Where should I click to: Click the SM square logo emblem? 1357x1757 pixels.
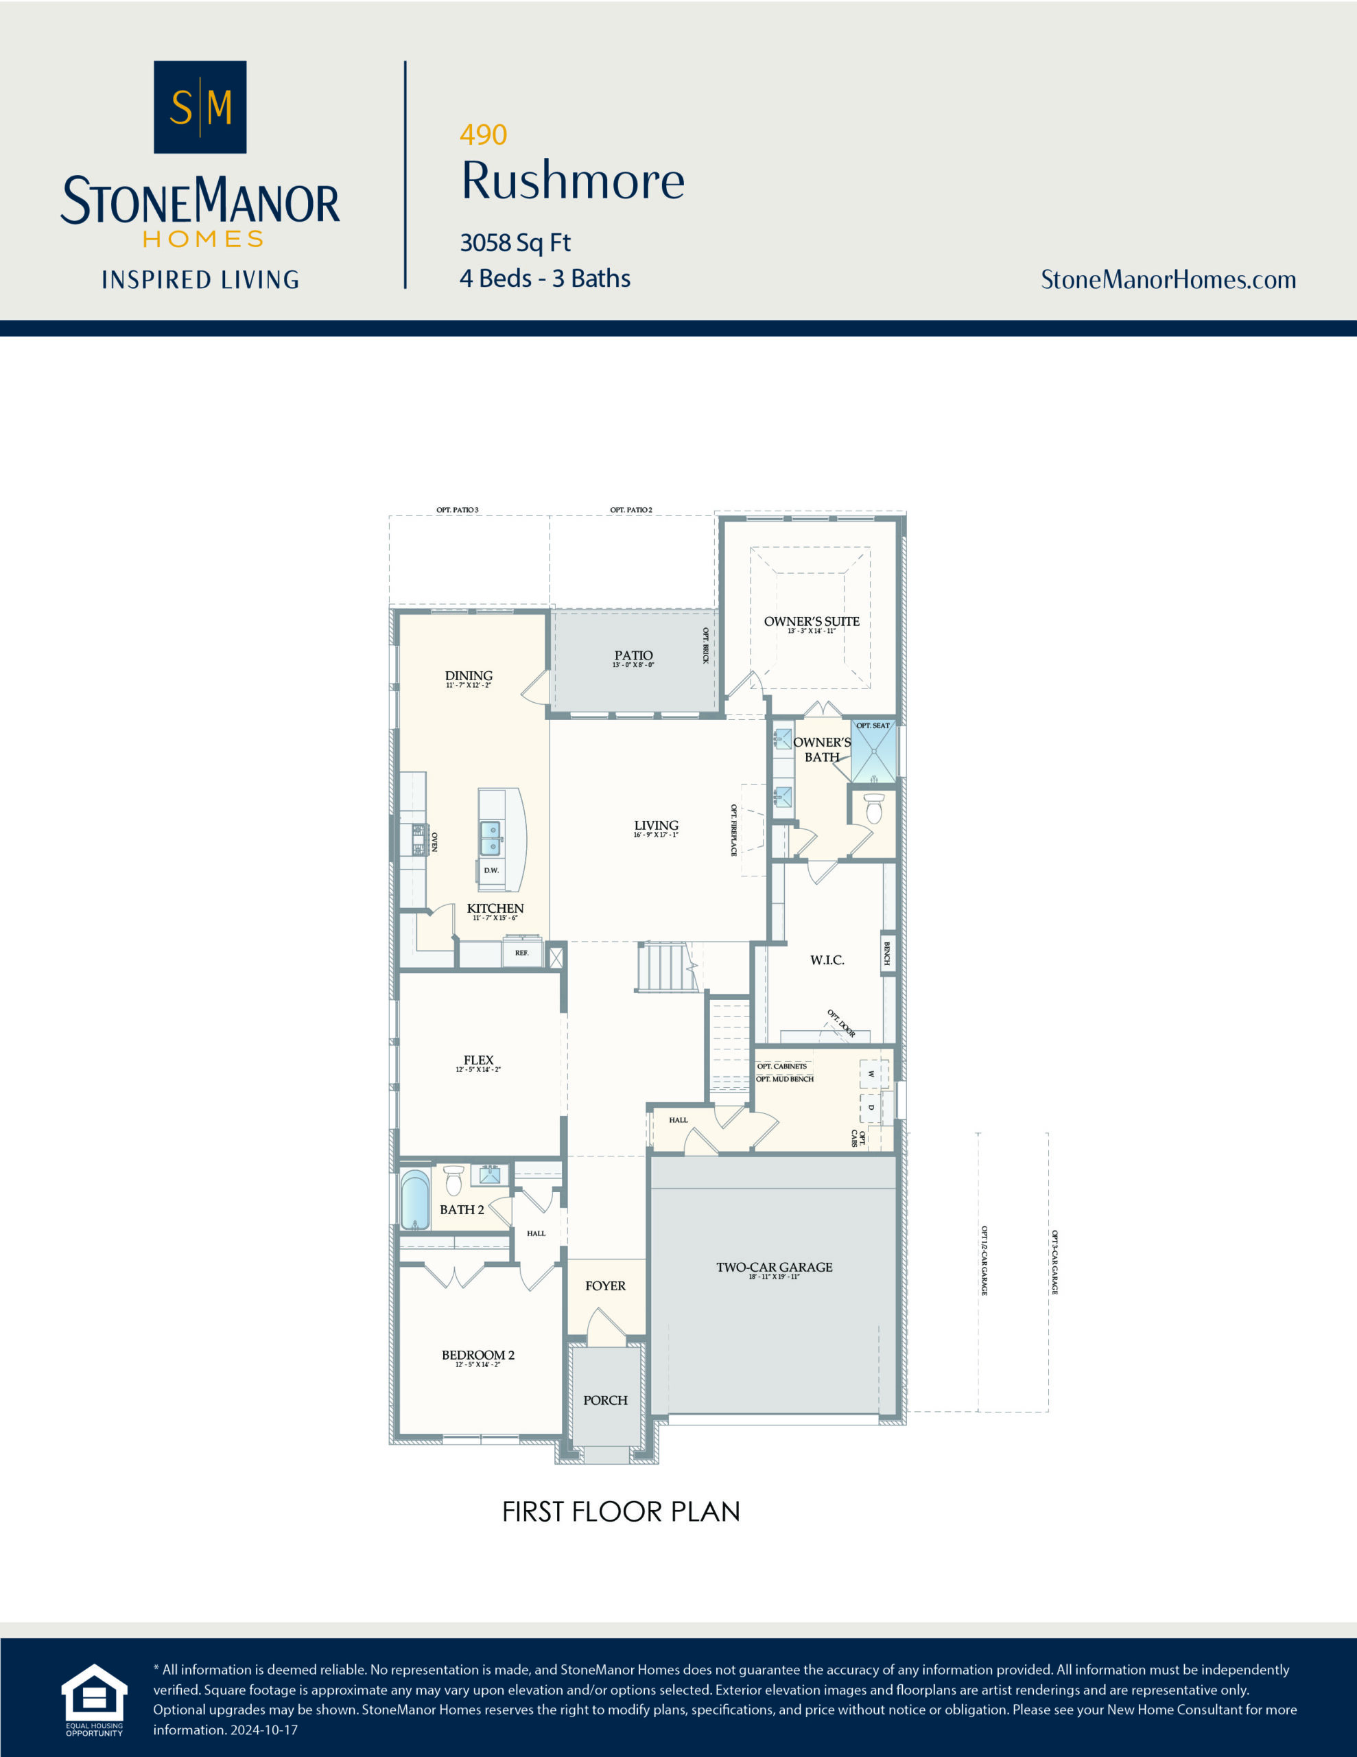tap(200, 107)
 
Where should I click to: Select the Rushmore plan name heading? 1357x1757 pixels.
tap(573, 181)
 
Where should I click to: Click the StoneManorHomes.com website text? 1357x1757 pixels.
tap(1168, 279)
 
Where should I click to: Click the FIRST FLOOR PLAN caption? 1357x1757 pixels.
tap(620, 1511)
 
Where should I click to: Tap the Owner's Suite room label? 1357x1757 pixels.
tap(811, 621)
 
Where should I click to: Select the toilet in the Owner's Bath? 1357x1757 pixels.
tap(873, 808)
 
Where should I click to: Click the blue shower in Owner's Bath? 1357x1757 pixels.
tap(873, 752)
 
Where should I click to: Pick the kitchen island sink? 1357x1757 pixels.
tap(490, 838)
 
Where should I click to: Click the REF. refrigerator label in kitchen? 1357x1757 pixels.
tap(521, 953)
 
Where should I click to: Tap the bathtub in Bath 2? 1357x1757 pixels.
tap(415, 1200)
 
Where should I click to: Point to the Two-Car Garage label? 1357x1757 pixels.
tap(774, 1267)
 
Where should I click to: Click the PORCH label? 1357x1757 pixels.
tap(605, 1400)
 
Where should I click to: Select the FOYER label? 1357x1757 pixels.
tap(605, 1285)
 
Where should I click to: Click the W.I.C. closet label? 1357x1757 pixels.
tap(827, 959)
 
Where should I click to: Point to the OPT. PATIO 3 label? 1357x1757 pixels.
tap(457, 510)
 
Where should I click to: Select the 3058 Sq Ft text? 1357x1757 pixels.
tap(515, 242)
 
